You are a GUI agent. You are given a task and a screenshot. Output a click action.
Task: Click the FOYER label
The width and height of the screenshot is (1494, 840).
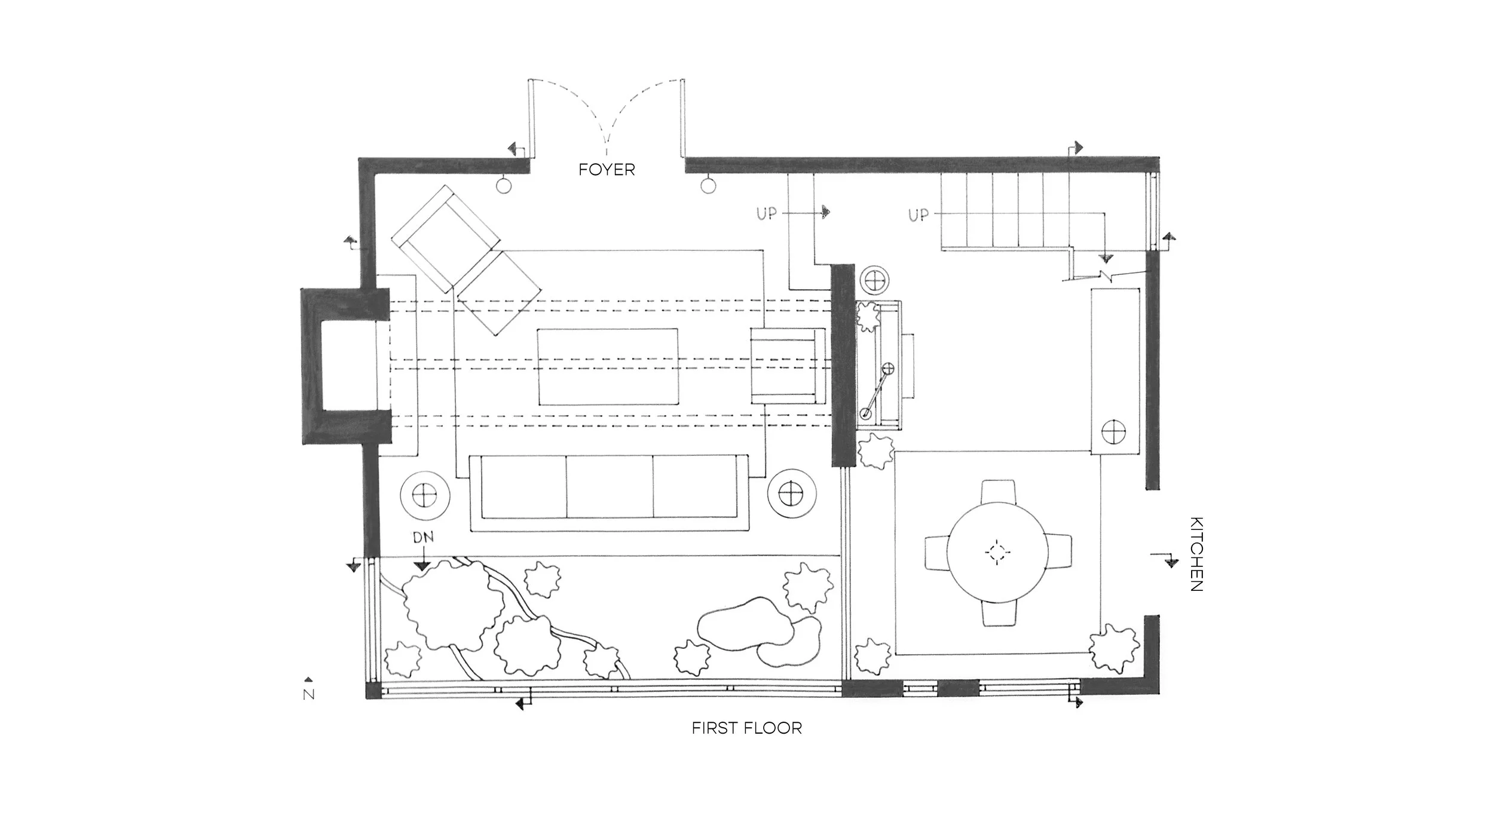(x=607, y=170)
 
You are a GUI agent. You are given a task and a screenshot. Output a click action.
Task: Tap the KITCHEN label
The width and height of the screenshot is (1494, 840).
(x=1196, y=554)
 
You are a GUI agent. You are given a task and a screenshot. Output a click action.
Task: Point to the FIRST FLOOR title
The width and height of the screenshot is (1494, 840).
(x=746, y=728)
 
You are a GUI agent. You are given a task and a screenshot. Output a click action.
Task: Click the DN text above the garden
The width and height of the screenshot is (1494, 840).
(x=423, y=538)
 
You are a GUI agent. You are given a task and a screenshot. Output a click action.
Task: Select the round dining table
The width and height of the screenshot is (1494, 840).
(x=997, y=552)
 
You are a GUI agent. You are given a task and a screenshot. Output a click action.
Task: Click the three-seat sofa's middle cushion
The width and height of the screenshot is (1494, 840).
(x=609, y=487)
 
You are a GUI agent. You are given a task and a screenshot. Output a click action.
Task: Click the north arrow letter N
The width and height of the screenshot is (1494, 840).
(x=309, y=694)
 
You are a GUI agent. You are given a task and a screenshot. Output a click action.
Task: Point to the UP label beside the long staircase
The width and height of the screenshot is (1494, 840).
(x=919, y=214)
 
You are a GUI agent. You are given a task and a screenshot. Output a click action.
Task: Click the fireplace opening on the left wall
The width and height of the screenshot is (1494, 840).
(x=350, y=365)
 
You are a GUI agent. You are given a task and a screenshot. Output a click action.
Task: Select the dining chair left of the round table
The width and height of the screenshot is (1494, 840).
(x=937, y=552)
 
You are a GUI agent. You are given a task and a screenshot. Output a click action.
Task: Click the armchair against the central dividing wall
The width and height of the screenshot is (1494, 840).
(x=785, y=365)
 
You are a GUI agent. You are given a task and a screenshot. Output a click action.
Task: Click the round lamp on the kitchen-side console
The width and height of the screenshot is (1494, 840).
(x=1113, y=432)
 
